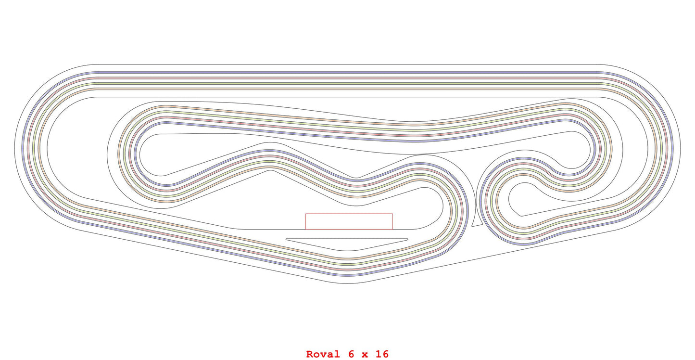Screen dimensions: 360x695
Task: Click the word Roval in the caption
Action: pos(323,354)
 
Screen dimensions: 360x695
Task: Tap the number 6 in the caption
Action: pos(352,354)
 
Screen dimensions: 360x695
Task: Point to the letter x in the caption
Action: pos(366,355)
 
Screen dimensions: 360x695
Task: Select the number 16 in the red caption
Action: pos(382,354)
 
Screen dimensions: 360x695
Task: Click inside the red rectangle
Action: pos(349,221)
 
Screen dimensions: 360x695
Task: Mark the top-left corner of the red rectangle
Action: pos(306,214)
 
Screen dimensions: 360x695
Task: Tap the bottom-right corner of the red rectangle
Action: pos(392,229)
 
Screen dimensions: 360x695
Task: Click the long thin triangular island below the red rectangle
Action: pos(346,244)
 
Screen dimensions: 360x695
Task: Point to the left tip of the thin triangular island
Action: pos(286,239)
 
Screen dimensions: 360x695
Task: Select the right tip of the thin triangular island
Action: pos(407,239)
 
